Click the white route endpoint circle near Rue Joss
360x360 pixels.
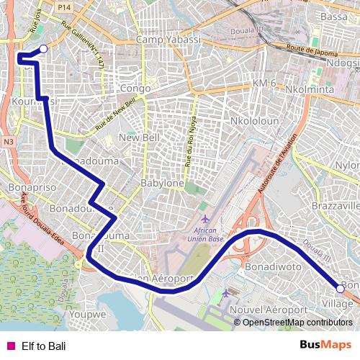click(x=42, y=49)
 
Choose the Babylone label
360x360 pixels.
click(x=162, y=184)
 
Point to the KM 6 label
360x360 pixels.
click(x=264, y=84)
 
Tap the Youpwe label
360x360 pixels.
click(x=89, y=314)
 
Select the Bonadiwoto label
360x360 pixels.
click(x=272, y=266)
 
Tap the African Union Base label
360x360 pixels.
click(x=206, y=234)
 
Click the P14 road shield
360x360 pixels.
click(x=65, y=6)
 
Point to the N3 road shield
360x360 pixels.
click(x=8, y=142)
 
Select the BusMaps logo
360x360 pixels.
click(x=325, y=345)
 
